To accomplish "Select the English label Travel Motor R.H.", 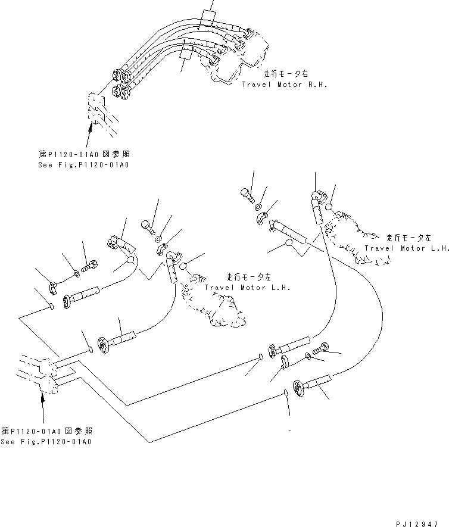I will [x=285, y=85].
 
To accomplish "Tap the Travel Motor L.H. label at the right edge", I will [x=407, y=248].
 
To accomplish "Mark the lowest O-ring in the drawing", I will [x=286, y=393].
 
